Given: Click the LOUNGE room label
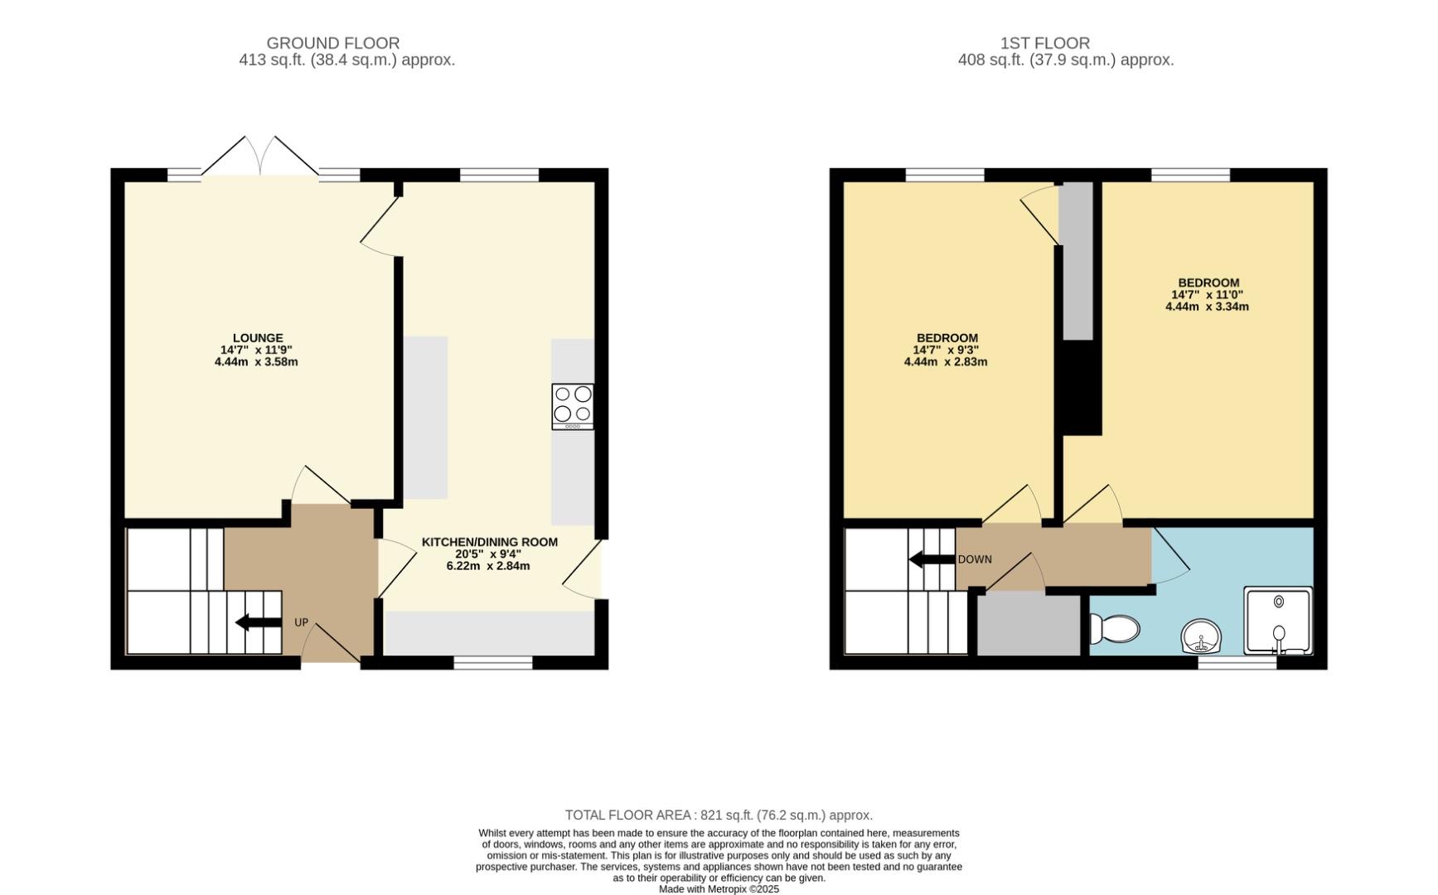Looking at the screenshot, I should (x=258, y=338).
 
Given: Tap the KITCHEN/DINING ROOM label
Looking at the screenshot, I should (x=489, y=542).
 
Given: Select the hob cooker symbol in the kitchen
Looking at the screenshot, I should (x=573, y=406).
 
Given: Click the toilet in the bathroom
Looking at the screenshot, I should (x=1112, y=629).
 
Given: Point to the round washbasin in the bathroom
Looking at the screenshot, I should (x=1200, y=636).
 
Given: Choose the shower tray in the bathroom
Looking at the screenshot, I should (x=1278, y=621).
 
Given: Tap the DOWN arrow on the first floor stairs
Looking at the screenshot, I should (x=932, y=559).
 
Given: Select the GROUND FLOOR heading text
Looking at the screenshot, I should (x=333, y=43).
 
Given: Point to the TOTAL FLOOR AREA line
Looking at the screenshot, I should (x=719, y=815).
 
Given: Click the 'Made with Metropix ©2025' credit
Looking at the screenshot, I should (x=719, y=889).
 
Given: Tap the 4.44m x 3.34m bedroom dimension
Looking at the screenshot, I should (x=1207, y=307).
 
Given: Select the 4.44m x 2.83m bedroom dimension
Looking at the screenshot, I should (x=946, y=362).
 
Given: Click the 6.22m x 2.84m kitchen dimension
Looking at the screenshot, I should (x=488, y=566).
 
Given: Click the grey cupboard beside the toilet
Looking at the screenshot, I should (x=1029, y=625).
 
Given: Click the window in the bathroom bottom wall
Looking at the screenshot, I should (x=1237, y=663).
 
